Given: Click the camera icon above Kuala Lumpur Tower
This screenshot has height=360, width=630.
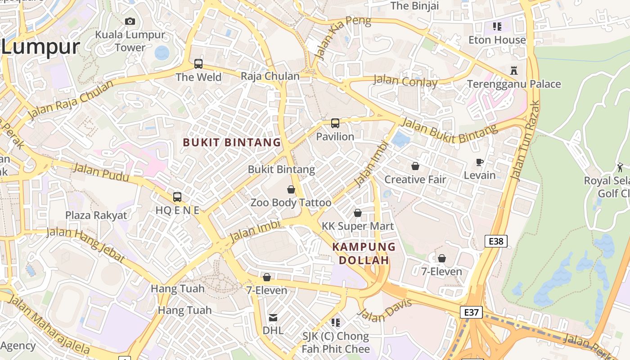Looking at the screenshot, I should click(130, 21).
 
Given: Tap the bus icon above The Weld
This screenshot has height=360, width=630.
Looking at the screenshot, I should click(198, 64).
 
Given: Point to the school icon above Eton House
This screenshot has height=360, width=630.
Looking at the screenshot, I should click(497, 27).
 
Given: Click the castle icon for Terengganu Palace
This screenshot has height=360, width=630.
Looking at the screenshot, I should click(514, 71).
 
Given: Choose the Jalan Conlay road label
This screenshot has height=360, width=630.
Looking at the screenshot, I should click(405, 81).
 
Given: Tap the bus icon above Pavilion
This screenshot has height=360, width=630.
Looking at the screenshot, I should click(335, 123).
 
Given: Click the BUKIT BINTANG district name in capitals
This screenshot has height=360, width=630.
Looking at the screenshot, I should click(232, 143).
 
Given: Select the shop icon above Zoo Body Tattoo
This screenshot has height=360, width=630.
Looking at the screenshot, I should click(291, 189).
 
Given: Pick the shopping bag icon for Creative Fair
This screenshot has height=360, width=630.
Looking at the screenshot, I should click(415, 166).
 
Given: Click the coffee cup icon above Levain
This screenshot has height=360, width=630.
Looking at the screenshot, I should click(480, 162).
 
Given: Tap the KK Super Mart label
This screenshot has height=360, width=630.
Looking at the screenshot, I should click(358, 226).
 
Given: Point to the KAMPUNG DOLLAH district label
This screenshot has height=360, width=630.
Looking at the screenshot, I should click(364, 253).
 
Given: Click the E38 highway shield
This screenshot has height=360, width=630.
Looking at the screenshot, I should click(496, 241).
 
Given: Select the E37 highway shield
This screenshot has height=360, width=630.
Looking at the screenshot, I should click(471, 312).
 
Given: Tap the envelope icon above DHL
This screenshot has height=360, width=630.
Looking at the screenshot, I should click(273, 318).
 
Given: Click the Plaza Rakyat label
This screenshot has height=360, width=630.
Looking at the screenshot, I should click(96, 215).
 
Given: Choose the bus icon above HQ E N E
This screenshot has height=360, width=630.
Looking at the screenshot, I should click(177, 197).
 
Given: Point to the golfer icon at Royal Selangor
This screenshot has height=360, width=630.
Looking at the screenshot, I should click(621, 167).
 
